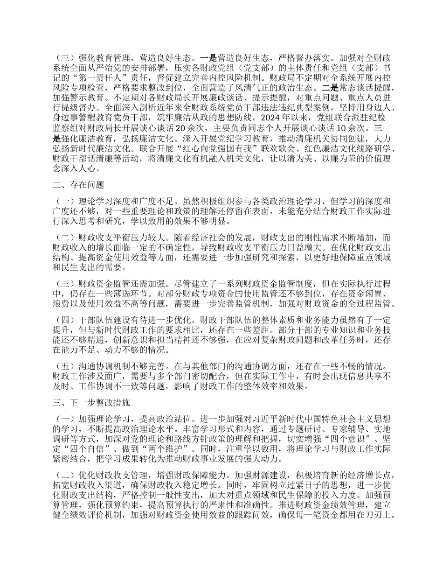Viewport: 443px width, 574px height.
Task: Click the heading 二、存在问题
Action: pyautogui.click(x=78, y=185)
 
